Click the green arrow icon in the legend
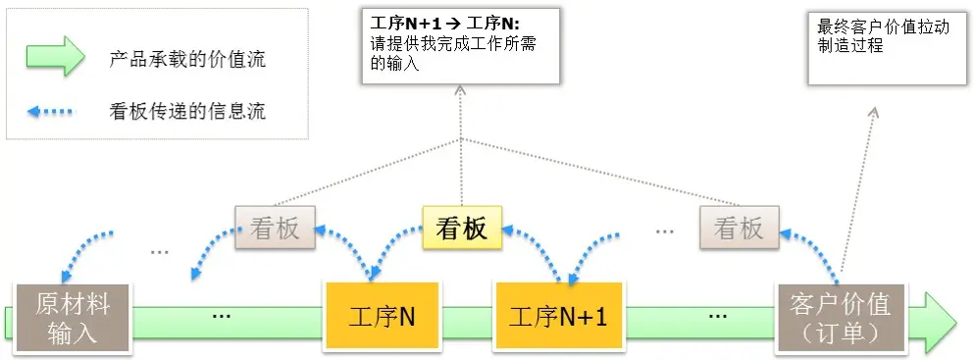[56, 58]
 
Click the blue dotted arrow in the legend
[51, 110]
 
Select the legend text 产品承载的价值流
[186, 59]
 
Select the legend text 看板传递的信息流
[186, 110]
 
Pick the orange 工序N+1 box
[558, 317]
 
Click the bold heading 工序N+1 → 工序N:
[446, 22]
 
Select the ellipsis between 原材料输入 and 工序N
[222, 316]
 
